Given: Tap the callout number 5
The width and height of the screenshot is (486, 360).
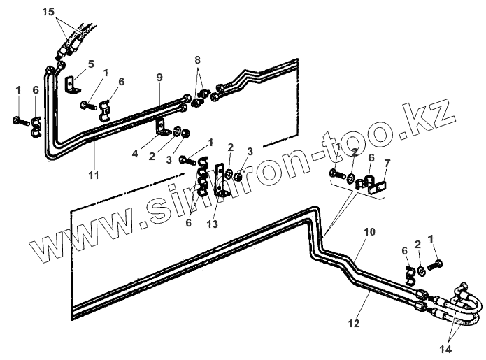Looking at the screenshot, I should coord(90,64).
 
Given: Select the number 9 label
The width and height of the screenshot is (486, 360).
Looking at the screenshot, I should coord(159,76).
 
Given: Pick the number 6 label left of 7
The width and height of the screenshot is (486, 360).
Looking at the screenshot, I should coord(370,159).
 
